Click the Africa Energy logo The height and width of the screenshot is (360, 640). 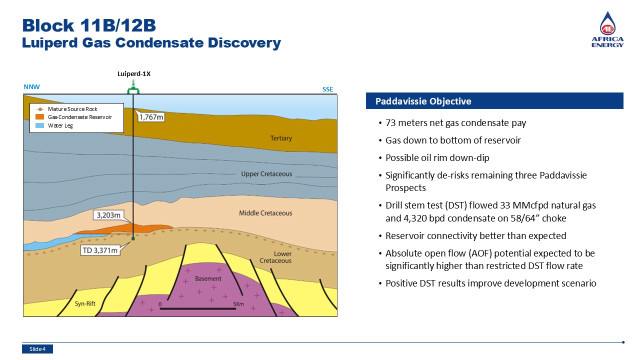607,29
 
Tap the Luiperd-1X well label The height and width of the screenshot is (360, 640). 134,73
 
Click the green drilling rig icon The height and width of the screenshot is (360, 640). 133,87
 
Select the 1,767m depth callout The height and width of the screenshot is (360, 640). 151,117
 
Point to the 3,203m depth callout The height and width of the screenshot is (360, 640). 108,215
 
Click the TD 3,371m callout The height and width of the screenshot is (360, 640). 100,250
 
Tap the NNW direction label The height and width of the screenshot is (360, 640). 31,87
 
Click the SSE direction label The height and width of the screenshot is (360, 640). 327,89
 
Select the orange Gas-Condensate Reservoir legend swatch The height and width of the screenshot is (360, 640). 39,117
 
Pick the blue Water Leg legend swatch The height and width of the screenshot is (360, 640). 39,125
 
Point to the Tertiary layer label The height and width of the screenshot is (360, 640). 281,138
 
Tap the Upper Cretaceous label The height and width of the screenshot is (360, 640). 266,174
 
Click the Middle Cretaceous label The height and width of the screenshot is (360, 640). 265,213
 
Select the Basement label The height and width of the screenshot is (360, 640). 208,278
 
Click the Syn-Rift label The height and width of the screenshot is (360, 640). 85,303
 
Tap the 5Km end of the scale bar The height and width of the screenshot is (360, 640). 235,308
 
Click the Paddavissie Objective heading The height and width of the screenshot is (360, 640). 423,101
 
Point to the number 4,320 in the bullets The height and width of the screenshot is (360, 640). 415,218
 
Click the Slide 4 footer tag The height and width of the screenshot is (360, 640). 37,349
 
